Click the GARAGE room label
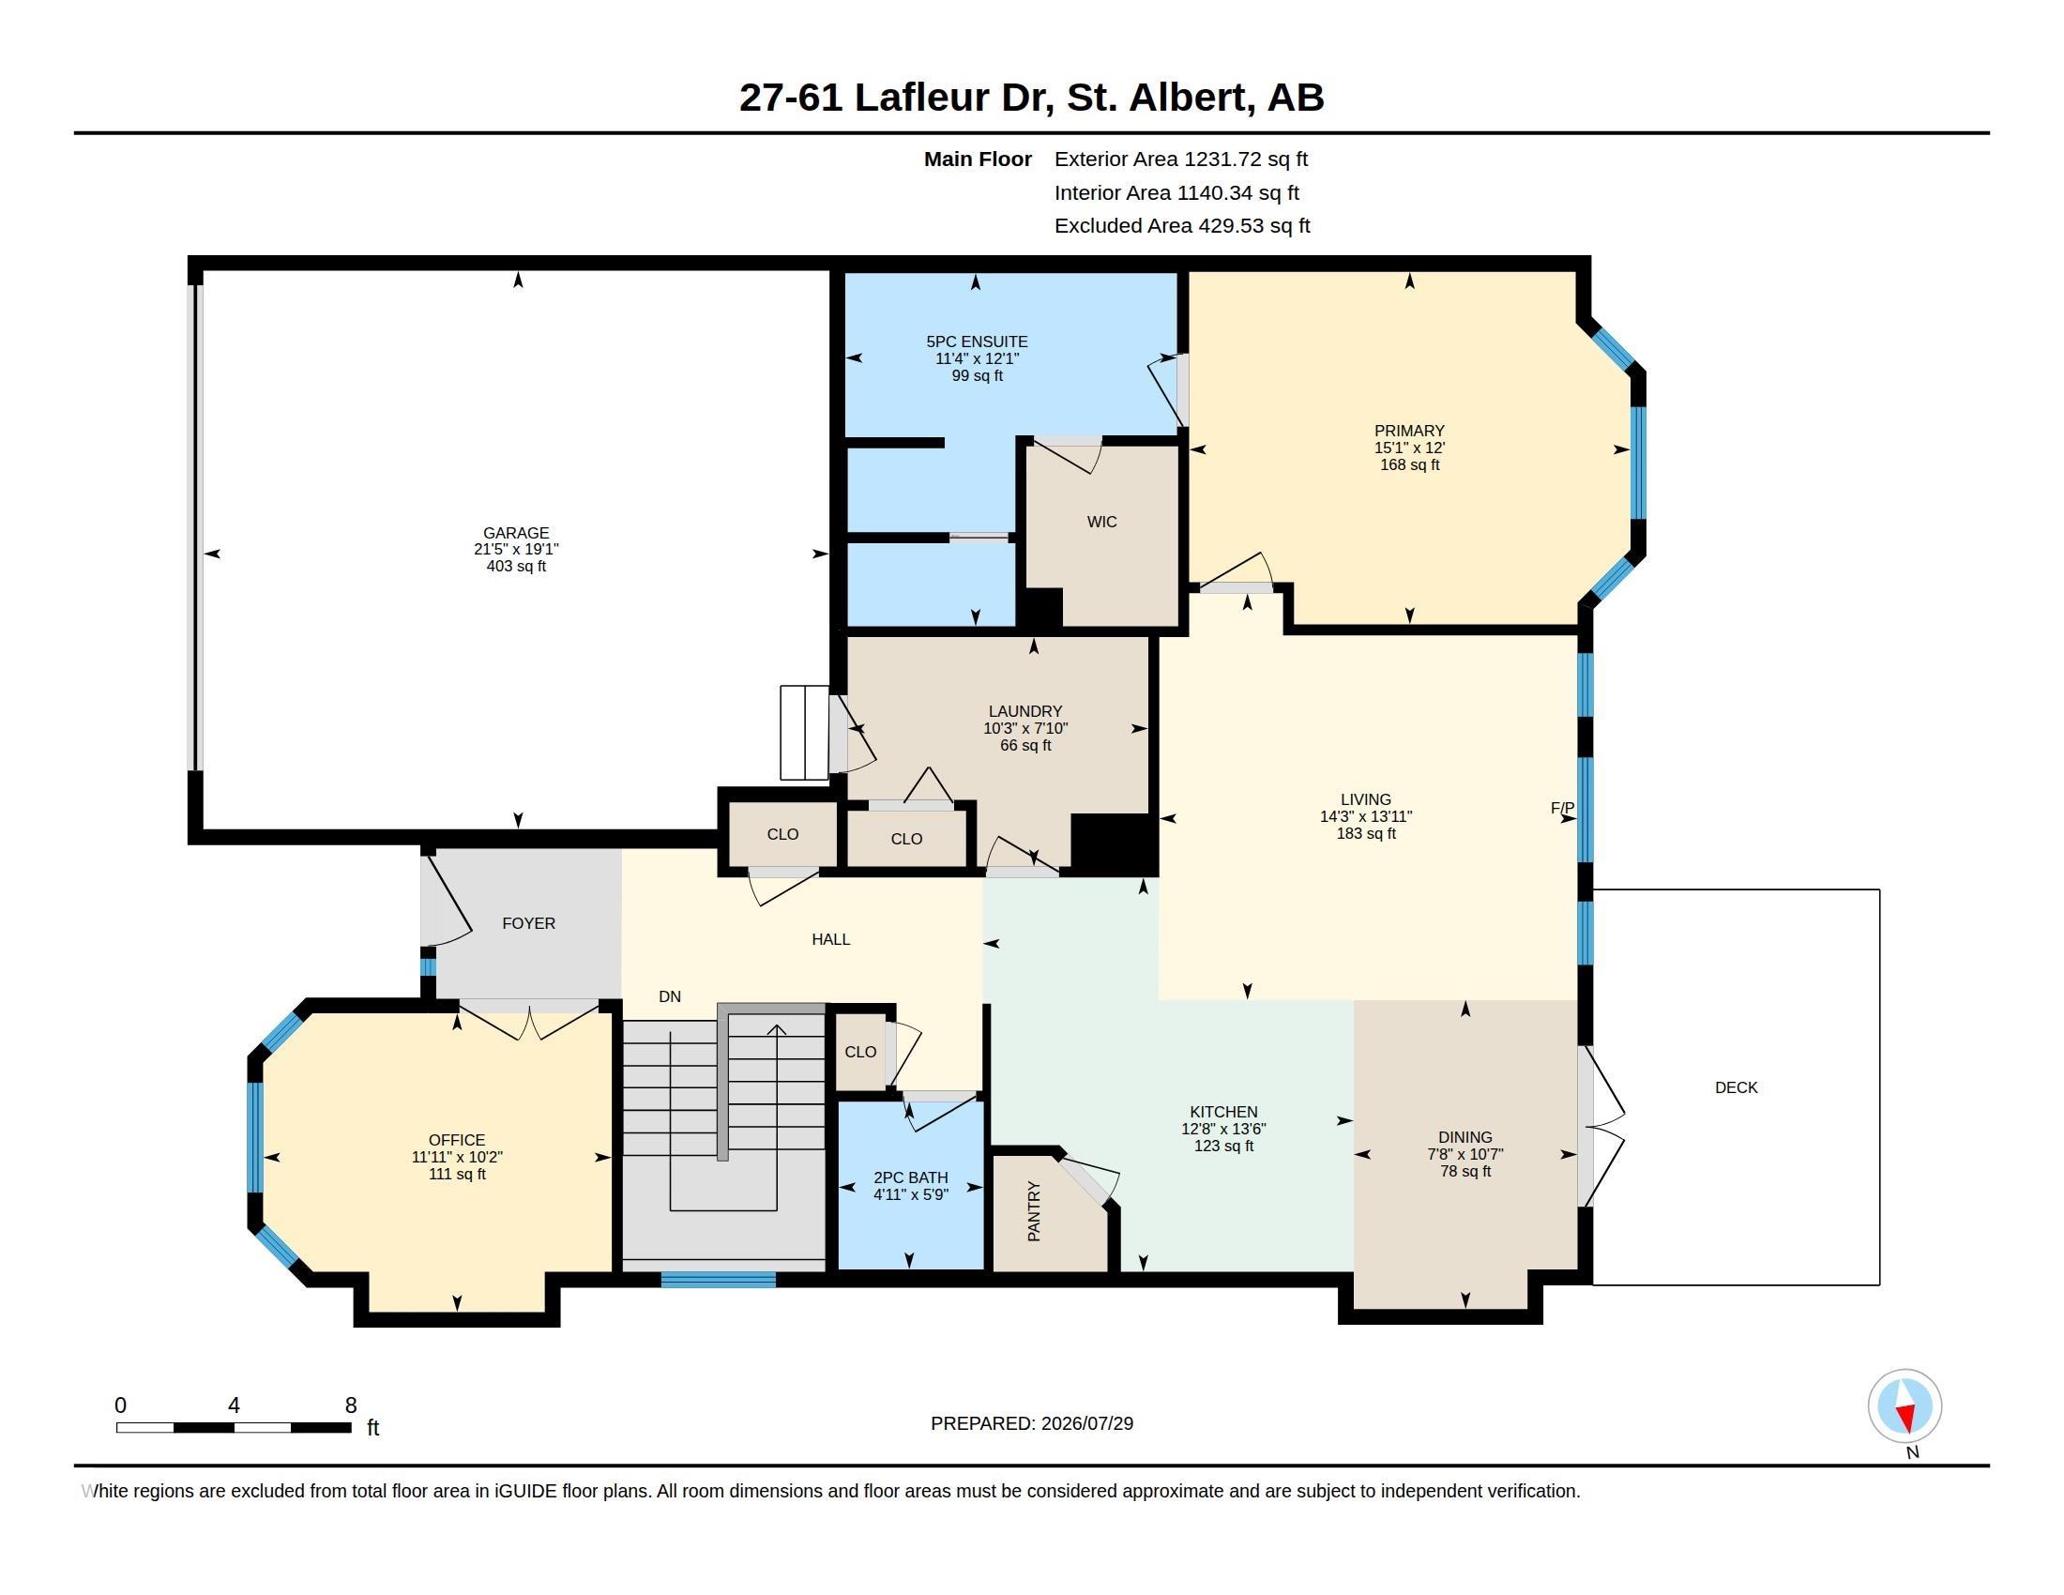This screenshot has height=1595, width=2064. pos(516,533)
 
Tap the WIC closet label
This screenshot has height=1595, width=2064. pos(1102,522)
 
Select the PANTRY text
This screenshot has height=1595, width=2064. pos(1034,1211)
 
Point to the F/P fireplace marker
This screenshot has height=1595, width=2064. pos(1562,808)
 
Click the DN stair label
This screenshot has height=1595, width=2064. pos(670,996)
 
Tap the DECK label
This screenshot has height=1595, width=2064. pos(1736,1087)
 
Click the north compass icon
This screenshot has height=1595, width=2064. pos(1905,1406)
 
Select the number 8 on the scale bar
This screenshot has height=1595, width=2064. pos(351,1405)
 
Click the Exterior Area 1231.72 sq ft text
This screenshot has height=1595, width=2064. pos(1181,159)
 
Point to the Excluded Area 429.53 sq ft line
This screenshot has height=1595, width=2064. pos(1182,226)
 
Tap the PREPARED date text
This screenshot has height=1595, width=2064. pos(1032,1423)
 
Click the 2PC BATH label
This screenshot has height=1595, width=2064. pos(911,1177)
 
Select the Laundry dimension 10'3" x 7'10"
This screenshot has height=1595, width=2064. pos(1025,728)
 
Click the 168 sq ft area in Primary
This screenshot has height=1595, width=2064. pos(1410,464)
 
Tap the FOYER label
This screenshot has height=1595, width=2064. pos(528,923)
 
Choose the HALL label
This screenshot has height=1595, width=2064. pos(830,939)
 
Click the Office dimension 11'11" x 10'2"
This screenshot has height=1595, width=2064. pos(457,1158)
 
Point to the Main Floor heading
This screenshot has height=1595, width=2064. pos(978,159)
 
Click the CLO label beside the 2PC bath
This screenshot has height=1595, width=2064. pos(860,1052)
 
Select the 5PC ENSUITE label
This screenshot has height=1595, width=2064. pos(978,342)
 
